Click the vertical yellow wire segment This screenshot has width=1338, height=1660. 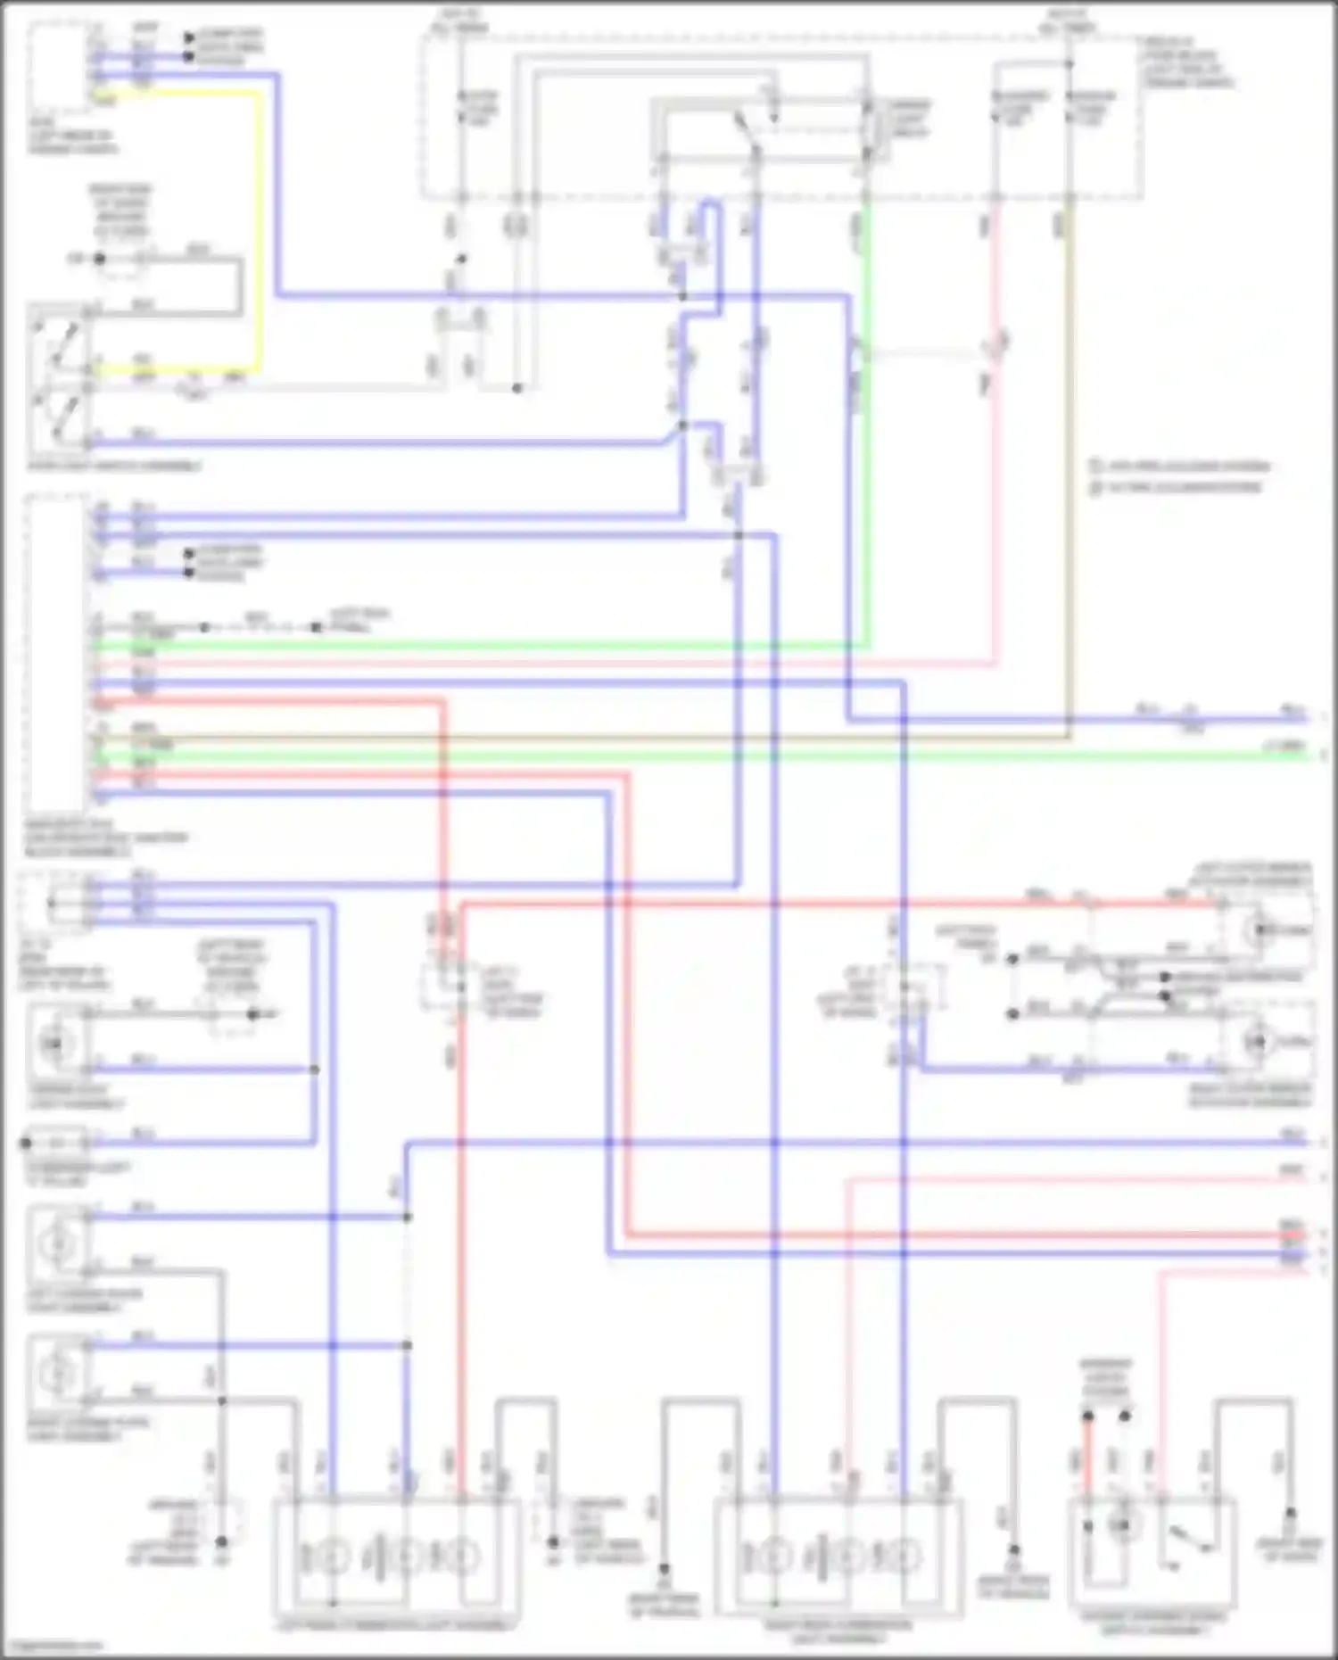[261, 232]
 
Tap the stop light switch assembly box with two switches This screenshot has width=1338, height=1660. [59, 379]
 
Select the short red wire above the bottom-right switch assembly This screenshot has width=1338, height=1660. [1087, 1463]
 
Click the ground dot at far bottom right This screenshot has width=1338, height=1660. [1290, 1513]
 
